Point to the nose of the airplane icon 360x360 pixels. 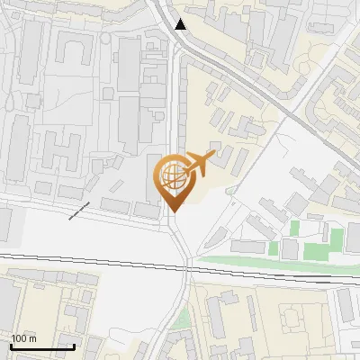pos(213,157)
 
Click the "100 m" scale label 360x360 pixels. pos(23,338)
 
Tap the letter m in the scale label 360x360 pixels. pos(32,338)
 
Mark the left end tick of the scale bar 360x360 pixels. pos(11,346)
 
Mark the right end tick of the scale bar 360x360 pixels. pos(74,346)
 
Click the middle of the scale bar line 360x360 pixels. pos(42,347)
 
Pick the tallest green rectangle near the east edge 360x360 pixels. pos(336,241)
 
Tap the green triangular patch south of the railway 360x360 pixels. pos(183,319)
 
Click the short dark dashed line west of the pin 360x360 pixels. pos(79,211)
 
